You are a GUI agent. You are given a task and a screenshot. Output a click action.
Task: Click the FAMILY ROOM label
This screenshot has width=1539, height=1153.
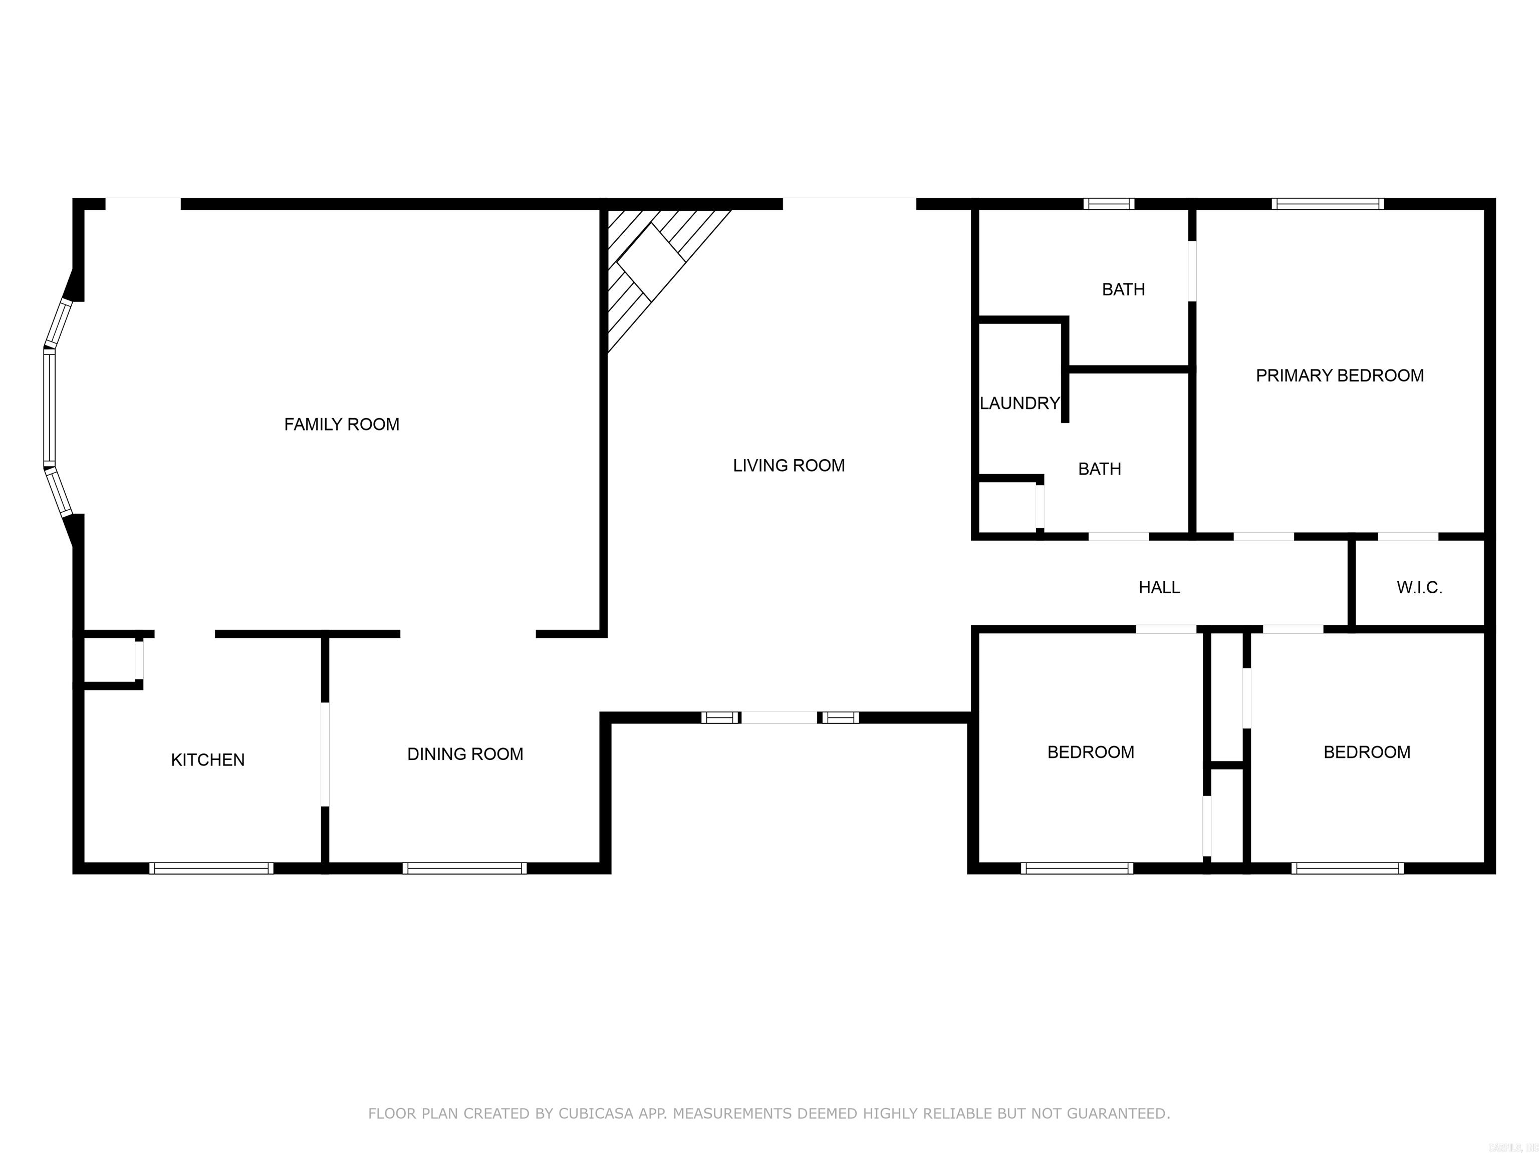click(x=342, y=424)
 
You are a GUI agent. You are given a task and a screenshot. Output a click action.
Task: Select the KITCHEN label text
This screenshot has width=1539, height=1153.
click(x=207, y=759)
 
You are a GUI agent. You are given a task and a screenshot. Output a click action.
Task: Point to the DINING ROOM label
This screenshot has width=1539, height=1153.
click(x=465, y=754)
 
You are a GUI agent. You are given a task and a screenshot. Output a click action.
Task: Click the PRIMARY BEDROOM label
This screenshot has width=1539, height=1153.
click(x=1339, y=375)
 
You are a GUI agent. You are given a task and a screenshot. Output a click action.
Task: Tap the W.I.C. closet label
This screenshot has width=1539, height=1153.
click(x=1419, y=588)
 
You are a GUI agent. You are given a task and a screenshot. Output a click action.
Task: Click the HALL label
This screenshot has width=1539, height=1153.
click(x=1159, y=588)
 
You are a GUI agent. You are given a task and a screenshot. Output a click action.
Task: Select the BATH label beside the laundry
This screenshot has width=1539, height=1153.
click(x=1099, y=469)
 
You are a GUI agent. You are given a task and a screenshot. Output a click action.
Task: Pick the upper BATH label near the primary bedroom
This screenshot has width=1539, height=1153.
click(x=1123, y=289)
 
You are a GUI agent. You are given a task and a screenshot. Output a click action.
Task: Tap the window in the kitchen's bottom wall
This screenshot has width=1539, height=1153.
click(x=211, y=868)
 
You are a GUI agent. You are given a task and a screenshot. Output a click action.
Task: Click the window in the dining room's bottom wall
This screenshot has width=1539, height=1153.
click(x=464, y=868)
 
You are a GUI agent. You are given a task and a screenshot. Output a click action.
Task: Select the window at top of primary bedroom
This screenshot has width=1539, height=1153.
click(x=1328, y=204)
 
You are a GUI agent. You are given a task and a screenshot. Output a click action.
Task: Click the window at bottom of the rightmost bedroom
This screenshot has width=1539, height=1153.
click(x=1347, y=868)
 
